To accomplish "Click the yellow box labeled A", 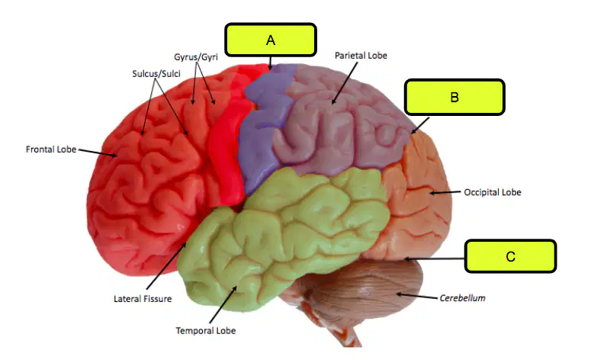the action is click(271, 40).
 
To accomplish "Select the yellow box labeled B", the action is click(454, 97).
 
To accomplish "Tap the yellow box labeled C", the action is click(510, 256).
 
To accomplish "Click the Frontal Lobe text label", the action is click(51, 149).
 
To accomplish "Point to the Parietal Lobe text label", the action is click(361, 56).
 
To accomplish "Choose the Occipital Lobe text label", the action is click(493, 192).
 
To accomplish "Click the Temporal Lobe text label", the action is click(206, 331).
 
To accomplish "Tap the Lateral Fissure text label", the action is click(143, 299).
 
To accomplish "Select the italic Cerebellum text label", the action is click(462, 298).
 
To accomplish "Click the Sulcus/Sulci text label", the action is click(156, 73).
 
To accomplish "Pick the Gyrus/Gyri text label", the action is click(196, 57).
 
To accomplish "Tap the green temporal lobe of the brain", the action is click(281, 235).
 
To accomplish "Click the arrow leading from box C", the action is click(434, 259).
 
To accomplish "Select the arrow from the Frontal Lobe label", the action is click(98, 153).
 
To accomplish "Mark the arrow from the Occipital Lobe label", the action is click(445, 192).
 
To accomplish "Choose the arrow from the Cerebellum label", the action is click(417, 296).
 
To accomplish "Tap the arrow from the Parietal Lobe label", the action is click(345, 83).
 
